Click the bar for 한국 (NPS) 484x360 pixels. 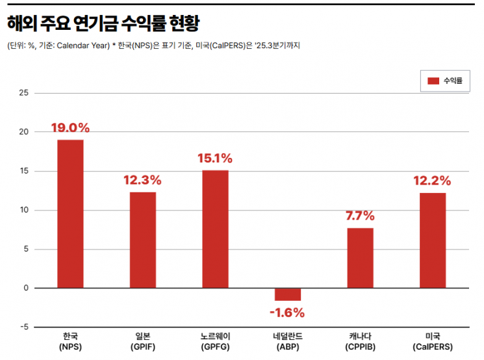[x=70, y=214]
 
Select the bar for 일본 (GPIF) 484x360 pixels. [x=143, y=240]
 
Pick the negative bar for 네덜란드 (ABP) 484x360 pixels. [x=288, y=294]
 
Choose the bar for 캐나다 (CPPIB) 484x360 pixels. [x=360, y=258]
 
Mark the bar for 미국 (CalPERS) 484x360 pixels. [x=433, y=240]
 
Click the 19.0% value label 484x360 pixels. [x=70, y=128]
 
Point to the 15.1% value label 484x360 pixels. [x=215, y=159]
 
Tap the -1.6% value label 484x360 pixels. [x=287, y=313]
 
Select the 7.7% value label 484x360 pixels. [x=360, y=216]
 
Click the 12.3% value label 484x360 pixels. [x=143, y=180]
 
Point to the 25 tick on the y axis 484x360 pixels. [x=24, y=93]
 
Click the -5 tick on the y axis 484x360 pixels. [x=24, y=327]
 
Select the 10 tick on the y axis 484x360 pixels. [x=24, y=210]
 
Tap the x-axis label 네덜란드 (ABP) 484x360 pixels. [x=288, y=341]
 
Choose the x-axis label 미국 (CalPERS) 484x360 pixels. [x=433, y=341]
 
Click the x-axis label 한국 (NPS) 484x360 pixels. [x=70, y=341]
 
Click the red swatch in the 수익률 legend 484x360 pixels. [x=434, y=81]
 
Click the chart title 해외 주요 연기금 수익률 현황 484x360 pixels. [x=103, y=24]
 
